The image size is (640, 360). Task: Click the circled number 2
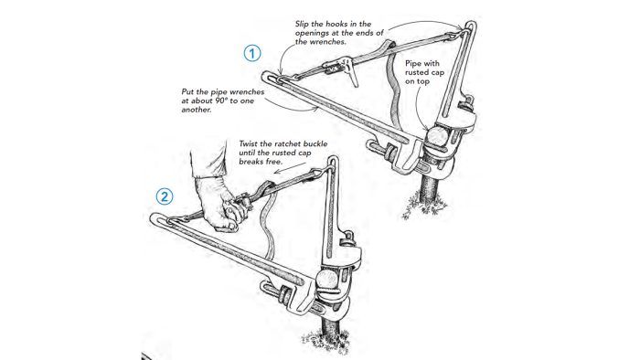point(163,195)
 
